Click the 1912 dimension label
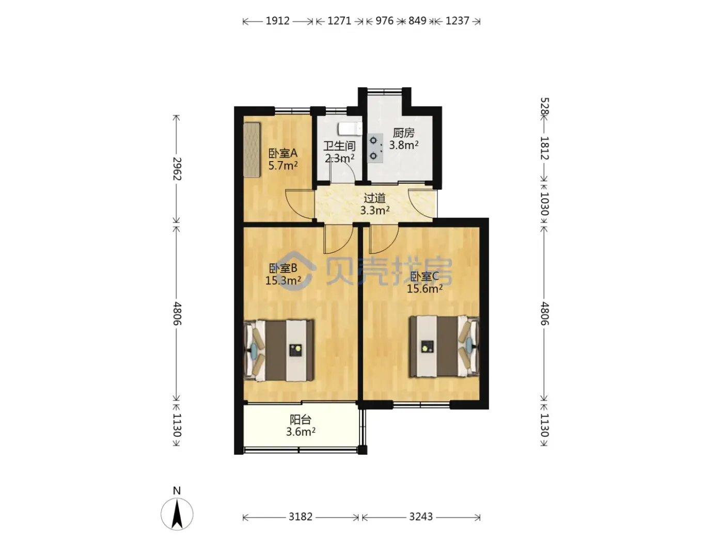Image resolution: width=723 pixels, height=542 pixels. (x=277, y=21)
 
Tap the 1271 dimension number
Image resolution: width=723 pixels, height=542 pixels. (x=339, y=21)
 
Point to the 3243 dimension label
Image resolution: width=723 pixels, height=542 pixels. (x=420, y=517)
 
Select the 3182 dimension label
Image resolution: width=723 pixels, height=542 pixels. (x=300, y=517)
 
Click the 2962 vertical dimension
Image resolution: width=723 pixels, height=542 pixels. (x=177, y=169)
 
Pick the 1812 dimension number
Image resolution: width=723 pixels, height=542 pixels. (x=544, y=148)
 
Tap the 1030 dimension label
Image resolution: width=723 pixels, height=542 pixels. (x=544, y=204)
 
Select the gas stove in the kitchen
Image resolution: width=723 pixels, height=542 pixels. (x=375, y=148)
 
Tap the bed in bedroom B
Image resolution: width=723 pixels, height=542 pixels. (x=279, y=350)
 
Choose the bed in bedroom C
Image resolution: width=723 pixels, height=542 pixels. (x=444, y=346)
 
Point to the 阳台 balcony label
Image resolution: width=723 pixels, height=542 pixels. (x=301, y=420)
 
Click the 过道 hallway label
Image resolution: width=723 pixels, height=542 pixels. (x=374, y=198)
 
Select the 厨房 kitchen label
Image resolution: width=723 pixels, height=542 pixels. (x=403, y=133)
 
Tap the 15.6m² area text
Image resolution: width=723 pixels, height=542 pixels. (x=425, y=289)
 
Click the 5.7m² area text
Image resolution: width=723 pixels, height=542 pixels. (x=283, y=165)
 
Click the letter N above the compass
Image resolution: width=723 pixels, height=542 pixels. (x=177, y=491)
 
